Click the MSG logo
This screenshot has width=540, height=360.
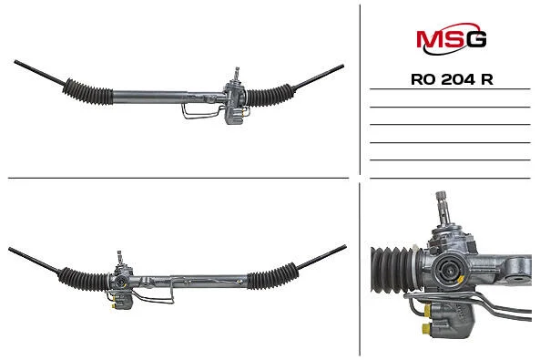pyautogui.click(x=451, y=38)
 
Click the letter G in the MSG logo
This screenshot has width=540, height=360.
pyautogui.click(x=476, y=39)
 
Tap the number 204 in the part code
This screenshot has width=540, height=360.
pyautogui.click(x=457, y=79)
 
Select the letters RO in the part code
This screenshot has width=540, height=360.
pyautogui.click(x=423, y=79)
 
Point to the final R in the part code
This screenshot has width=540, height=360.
pyautogui.click(x=487, y=79)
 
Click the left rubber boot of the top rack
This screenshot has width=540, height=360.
pyautogui.click(x=87, y=91)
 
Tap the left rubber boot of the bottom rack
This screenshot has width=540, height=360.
pyautogui.click(x=84, y=279)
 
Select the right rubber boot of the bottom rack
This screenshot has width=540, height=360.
pyautogui.click(x=272, y=276)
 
